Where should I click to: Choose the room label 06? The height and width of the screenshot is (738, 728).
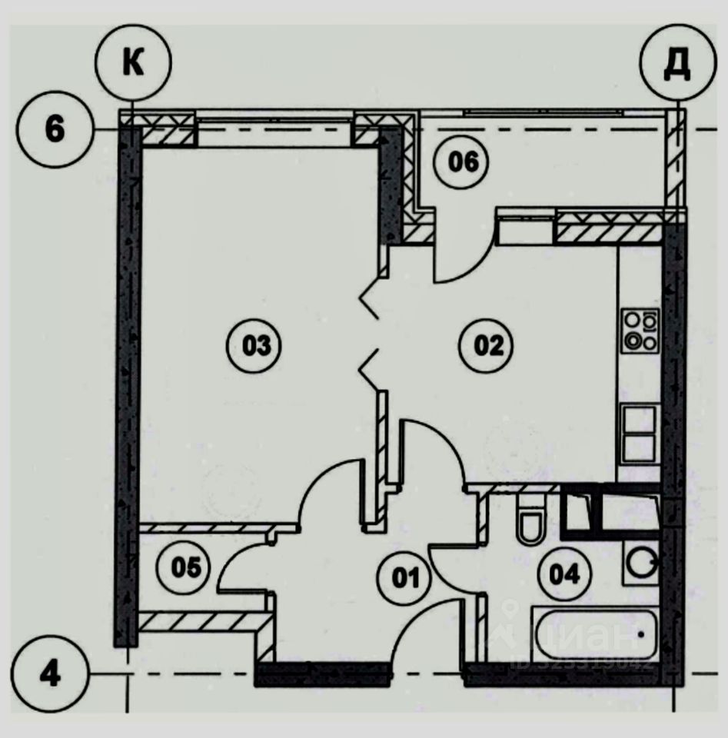point(460,162)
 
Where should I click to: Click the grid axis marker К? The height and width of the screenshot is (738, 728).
point(133,64)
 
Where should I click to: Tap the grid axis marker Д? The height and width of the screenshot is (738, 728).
point(677,64)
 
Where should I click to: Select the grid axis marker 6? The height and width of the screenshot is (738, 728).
point(54,129)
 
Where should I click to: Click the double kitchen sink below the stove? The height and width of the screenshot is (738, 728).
point(639,434)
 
